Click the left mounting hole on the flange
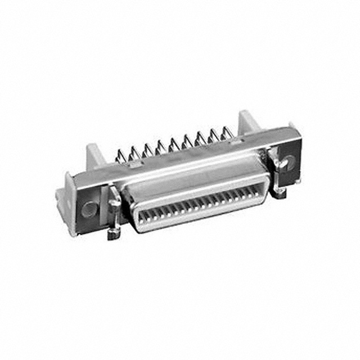89,210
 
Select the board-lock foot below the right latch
280,192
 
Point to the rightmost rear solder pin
227,133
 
